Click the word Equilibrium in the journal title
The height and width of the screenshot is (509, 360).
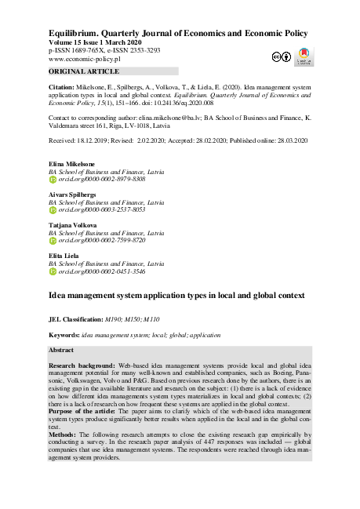point(75,33)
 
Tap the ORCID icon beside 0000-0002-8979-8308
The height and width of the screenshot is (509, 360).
point(53,180)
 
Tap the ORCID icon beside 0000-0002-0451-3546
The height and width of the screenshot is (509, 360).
point(53,271)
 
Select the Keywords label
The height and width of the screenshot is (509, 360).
point(64,335)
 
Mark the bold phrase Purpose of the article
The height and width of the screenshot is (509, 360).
point(87,412)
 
